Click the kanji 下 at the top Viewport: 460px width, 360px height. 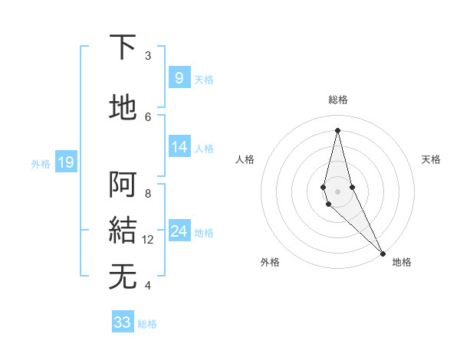click(123, 47)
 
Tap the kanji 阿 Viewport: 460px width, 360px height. click(123, 185)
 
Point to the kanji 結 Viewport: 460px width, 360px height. click(123, 231)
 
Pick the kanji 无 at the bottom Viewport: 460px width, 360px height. click(123, 277)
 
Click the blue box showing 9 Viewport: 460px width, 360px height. click(179, 77)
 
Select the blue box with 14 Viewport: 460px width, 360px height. click(179, 147)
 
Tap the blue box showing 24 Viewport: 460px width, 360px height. click(179, 231)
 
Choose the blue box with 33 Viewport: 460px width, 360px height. click(123, 322)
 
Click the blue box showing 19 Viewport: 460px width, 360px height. click(66, 162)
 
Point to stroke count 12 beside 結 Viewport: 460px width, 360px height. click(148, 240)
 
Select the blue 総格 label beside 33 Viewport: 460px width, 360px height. click(147, 324)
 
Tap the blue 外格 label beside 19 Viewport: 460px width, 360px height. click(40, 163)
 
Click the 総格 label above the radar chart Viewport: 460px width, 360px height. click(337, 100)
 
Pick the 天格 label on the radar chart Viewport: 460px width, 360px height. click(431, 159)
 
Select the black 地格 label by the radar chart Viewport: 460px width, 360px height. click(402, 262)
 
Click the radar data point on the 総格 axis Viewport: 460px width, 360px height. click(337, 129)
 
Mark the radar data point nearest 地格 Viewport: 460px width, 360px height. click(383, 252)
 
